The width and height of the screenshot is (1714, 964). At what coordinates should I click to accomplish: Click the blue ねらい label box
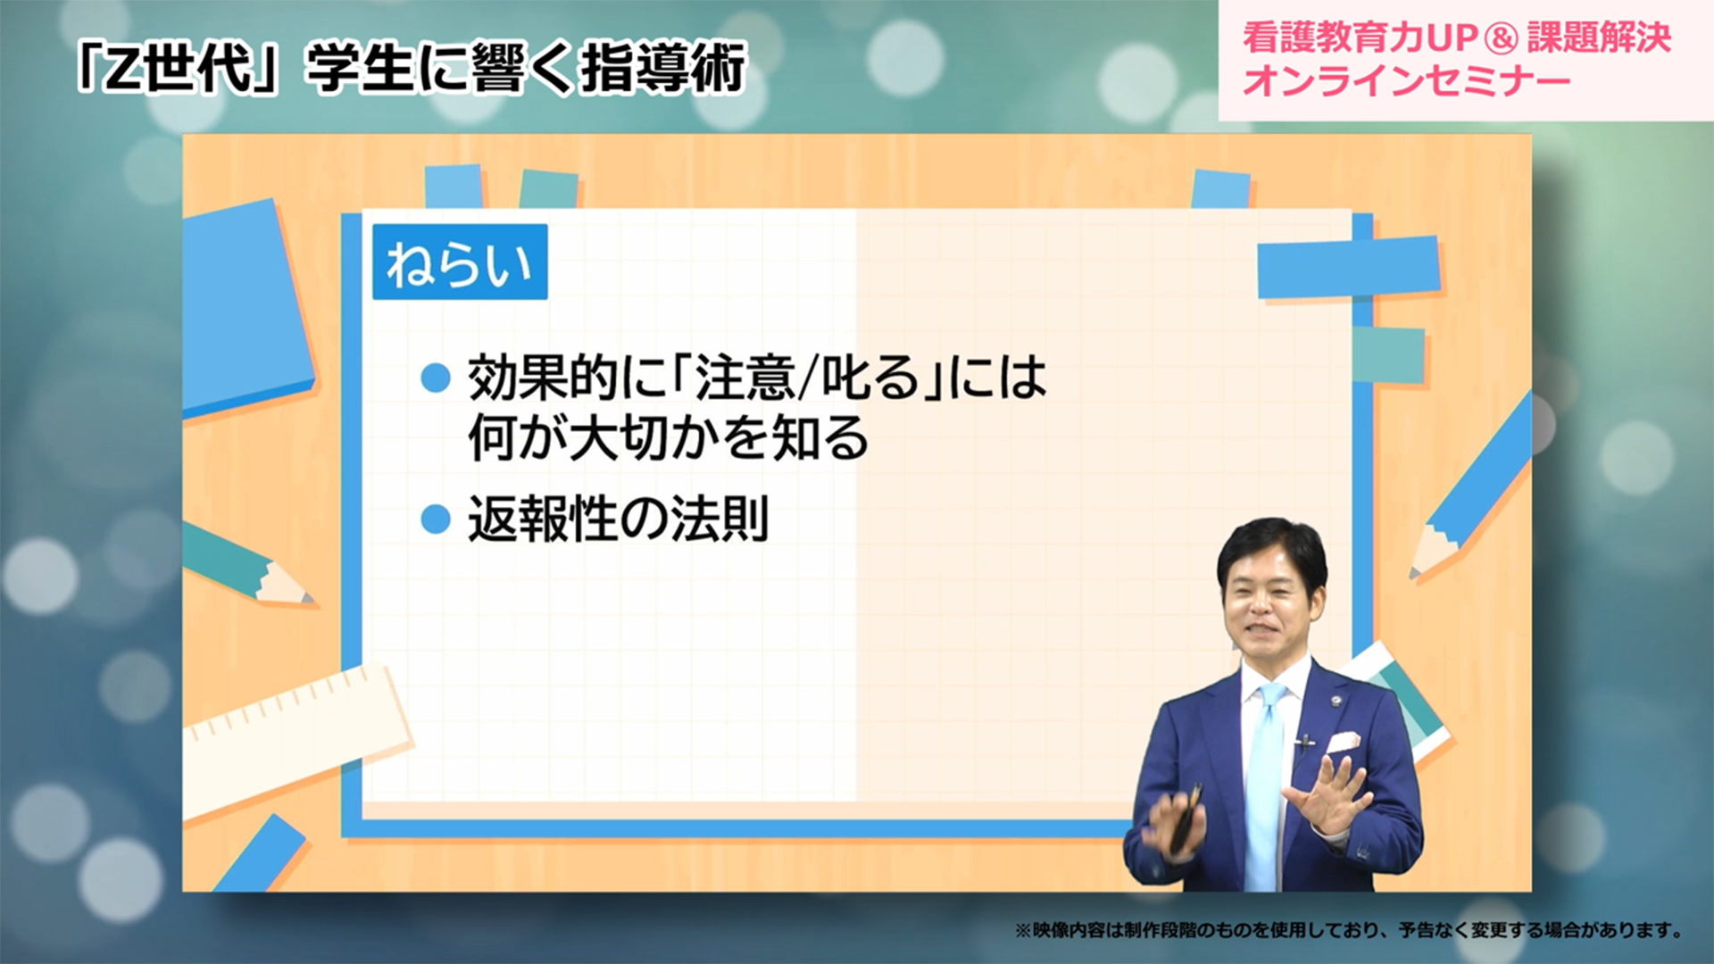(x=459, y=262)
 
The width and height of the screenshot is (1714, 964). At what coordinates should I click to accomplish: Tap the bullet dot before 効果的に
(x=436, y=378)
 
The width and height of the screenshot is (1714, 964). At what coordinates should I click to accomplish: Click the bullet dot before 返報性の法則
(x=436, y=519)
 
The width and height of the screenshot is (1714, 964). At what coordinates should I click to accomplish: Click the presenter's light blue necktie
(x=1265, y=785)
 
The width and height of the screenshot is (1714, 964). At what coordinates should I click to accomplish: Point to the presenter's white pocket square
(x=1342, y=742)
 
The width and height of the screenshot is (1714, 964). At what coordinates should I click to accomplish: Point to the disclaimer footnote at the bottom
(x=1348, y=930)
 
